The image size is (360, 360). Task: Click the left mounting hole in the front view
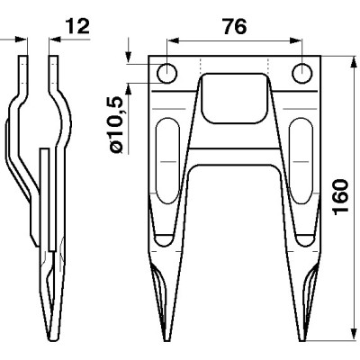tap(167, 72)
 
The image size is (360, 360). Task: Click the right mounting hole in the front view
tap(304, 72)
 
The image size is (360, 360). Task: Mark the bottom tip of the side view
tap(51, 338)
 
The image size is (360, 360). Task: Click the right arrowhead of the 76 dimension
tap(300, 40)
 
